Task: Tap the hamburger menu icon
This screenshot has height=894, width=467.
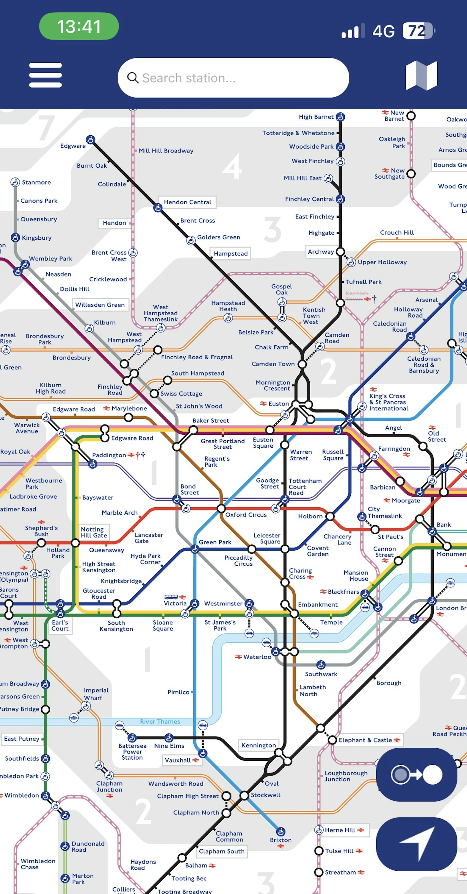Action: pyautogui.click(x=45, y=75)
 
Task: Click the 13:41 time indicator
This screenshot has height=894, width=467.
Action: pyautogui.click(x=79, y=26)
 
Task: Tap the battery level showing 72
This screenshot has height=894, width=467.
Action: pyautogui.click(x=418, y=31)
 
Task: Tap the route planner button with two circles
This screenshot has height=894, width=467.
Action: pyautogui.click(x=416, y=774)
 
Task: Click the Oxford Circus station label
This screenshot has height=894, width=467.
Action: pyautogui.click(x=246, y=515)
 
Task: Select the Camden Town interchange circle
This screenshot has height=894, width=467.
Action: pyautogui.click(x=302, y=364)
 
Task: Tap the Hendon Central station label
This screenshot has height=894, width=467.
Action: pyautogui.click(x=187, y=202)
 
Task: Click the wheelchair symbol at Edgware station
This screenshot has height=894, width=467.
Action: pyautogui.click(x=90, y=140)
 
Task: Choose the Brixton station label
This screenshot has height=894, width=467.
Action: pyautogui.click(x=280, y=840)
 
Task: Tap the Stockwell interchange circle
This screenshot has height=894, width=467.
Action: pyautogui.click(x=244, y=795)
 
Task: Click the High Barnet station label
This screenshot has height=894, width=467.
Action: pyautogui.click(x=316, y=117)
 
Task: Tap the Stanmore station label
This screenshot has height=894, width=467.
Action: pyautogui.click(x=36, y=182)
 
